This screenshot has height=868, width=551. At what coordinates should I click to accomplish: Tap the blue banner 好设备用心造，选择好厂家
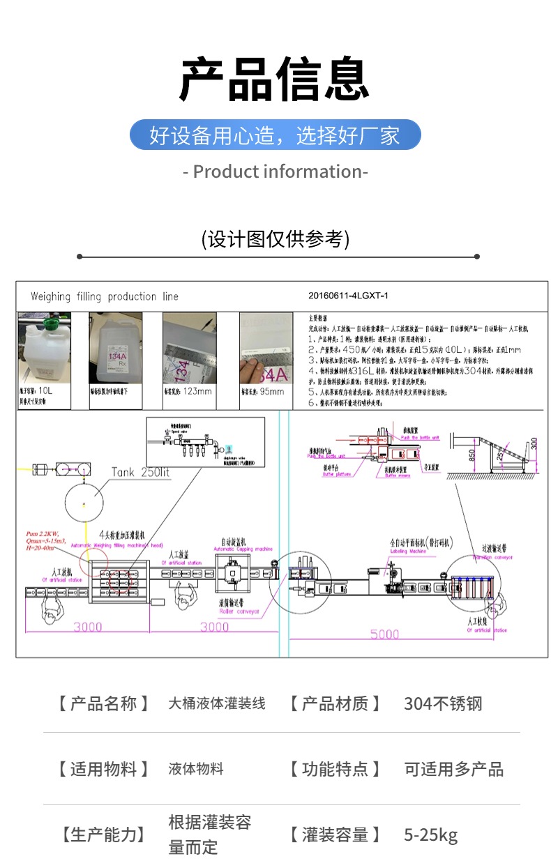275,135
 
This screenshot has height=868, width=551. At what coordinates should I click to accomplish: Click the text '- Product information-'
275,172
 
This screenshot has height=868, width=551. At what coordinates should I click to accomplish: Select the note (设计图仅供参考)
275,239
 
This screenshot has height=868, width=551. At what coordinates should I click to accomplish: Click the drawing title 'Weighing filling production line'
104,296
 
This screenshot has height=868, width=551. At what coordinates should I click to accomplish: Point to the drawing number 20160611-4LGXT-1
348,296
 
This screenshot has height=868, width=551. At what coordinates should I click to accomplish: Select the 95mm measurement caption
265,391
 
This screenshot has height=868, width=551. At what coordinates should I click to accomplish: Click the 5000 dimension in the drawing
384,634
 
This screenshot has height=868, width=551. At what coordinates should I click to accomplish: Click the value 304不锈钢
443,703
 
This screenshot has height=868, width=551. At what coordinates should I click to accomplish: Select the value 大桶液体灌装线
217,703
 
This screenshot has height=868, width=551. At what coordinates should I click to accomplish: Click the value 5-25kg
430,835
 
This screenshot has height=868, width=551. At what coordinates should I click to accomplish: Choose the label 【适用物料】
103,769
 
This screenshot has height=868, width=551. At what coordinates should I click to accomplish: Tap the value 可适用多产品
453,769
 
